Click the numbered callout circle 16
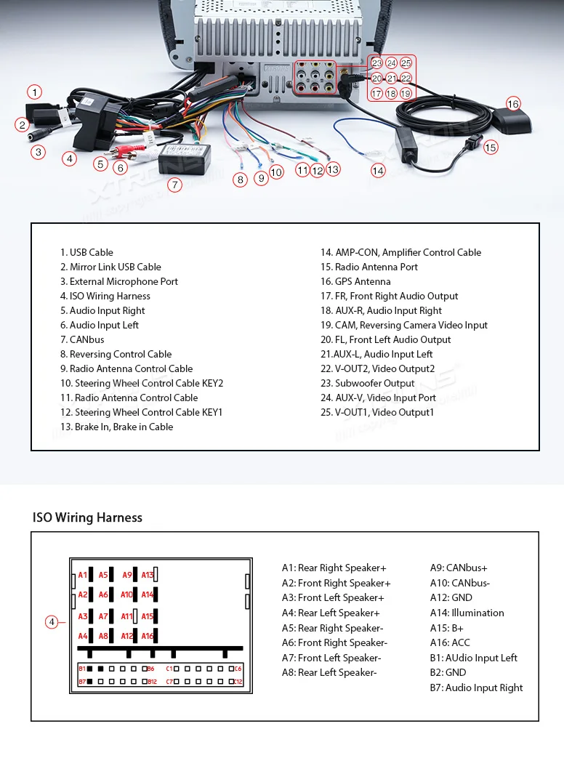tap(513, 104)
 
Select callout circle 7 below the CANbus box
tap(174, 185)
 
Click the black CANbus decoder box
tap(184, 158)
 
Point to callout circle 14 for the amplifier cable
tap(378, 171)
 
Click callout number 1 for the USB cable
tap(35, 92)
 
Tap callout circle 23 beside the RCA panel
tap(376, 63)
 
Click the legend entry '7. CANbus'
tap(82, 339)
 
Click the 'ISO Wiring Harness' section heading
tap(87, 517)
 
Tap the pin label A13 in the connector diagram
tap(148, 575)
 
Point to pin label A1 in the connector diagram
tap(83, 575)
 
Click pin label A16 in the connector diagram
tap(148, 636)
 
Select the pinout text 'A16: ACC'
tap(450, 642)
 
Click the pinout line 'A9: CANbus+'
tap(459, 568)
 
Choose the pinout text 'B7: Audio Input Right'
tap(476, 688)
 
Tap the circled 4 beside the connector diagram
tap(52, 621)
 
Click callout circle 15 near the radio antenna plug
tap(491, 148)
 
